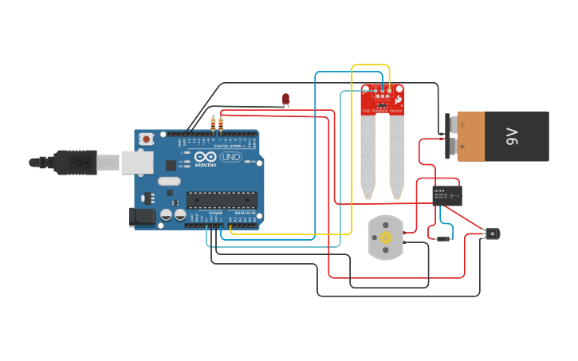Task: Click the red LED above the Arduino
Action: click(x=286, y=99)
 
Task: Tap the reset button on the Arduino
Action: click(x=146, y=139)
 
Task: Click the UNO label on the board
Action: click(x=230, y=157)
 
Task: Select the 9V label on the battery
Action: click(x=513, y=136)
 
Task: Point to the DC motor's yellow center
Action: click(x=386, y=237)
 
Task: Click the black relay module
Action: click(x=446, y=194)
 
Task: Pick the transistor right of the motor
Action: click(x=492, y=233)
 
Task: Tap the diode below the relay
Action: click(x=440, y=238)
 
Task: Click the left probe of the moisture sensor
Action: click(x=368, y=156)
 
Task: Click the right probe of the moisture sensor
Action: click(x=396, y=156)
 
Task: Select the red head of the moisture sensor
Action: click(x=383, y=99)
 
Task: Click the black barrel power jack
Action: click(x=142, y=217)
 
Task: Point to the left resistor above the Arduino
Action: click(x=213, y=124)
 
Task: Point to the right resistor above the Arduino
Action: click(x=220, y=124)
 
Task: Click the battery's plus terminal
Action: click(x=452, y=147)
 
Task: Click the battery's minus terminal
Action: click(x=452, y=125)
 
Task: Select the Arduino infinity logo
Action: click(x=205, y=156)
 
